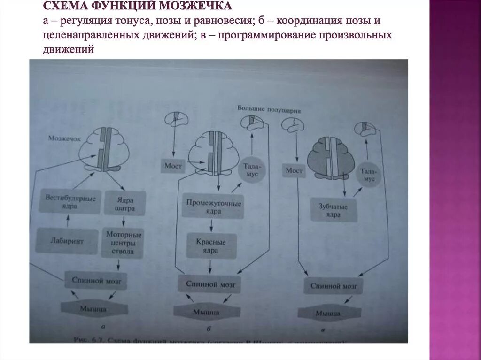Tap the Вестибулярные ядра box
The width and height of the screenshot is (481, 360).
pyautogui.click(x=70, y=202)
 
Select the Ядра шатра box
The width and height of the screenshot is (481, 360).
pyautogui.click(x=124, y=202)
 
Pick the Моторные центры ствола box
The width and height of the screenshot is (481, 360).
pyautogui.click(x=124, y=242)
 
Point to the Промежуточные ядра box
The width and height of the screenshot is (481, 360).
pyautogui.click(x=213, y=207)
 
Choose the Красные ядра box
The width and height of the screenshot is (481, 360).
pyautogui.click(x=211, y=246)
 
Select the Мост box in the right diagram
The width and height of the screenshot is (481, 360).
pyautogui.click(x=294, y=170)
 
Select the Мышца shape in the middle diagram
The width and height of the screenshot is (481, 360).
pyautogui.click(x=206, y=312)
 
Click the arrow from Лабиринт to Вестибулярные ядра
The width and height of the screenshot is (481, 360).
pyautogui.click(x=69, y=220)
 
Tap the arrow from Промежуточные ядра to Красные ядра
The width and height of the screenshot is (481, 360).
pyautogui.click(x=211, y=226)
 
